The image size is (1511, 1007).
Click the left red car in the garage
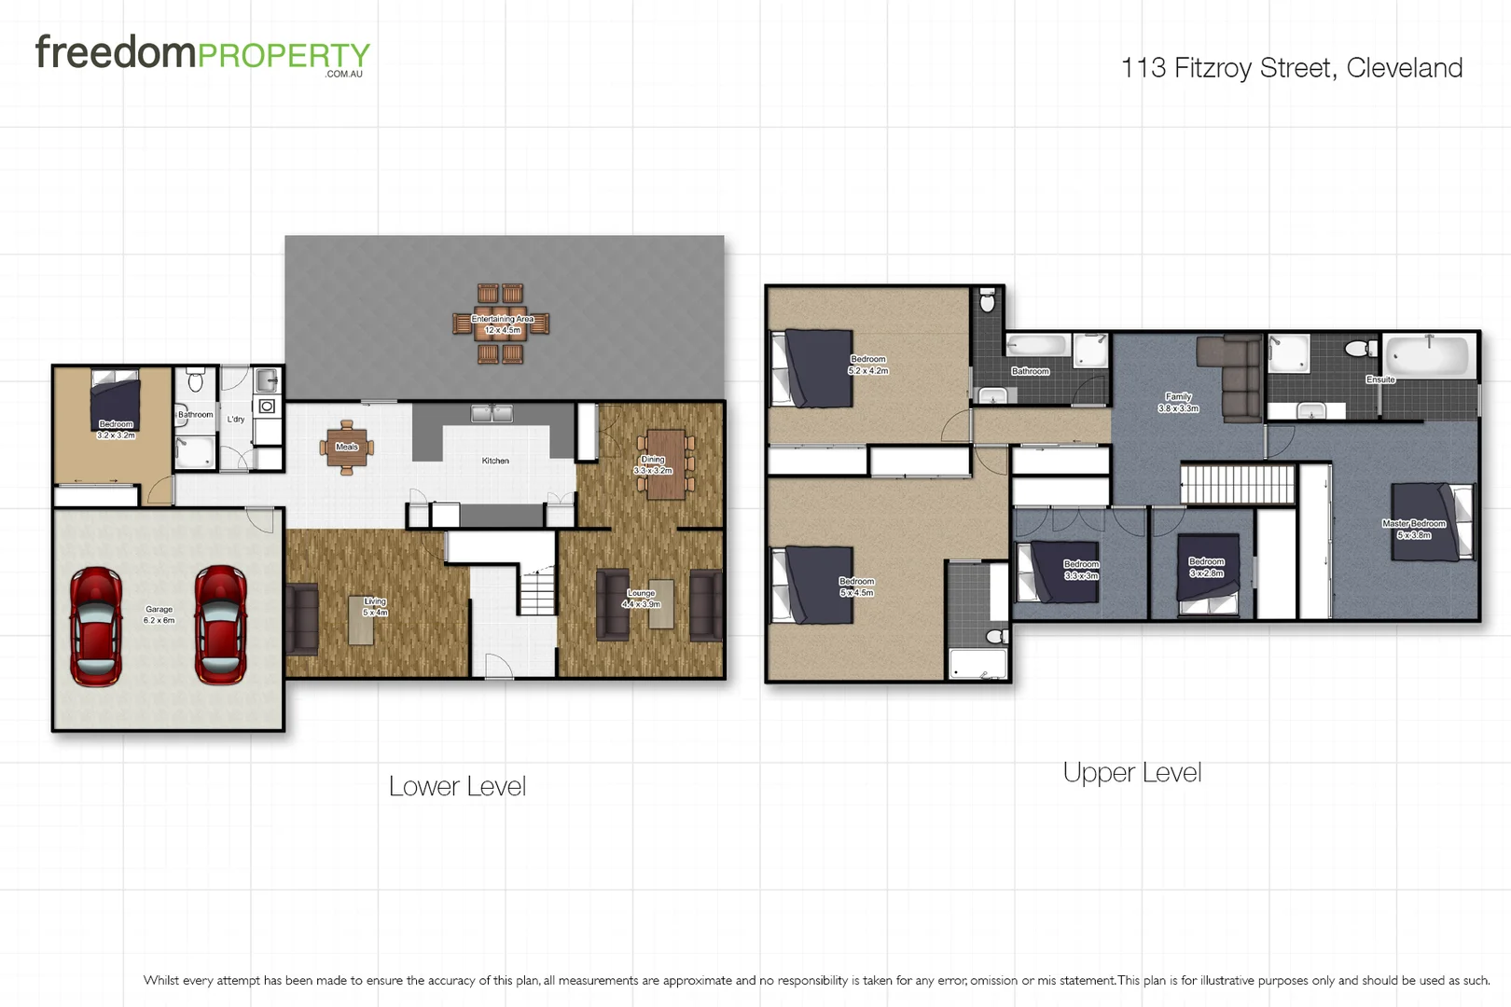[96, 626]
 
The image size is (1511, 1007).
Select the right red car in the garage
[221, 624]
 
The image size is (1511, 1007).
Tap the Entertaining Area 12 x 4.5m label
[503, 324]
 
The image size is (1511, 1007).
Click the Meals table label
[347, 447]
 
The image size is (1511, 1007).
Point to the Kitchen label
[495, 461]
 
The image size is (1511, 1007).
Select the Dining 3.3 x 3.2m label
[653, 464]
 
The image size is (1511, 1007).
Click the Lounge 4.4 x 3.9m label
[642, 599]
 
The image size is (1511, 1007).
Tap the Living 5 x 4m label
[375, 607]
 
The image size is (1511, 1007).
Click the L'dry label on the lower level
[236, 420]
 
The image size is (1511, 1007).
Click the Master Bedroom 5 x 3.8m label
[1414, 529]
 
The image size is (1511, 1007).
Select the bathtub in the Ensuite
[1430, 355]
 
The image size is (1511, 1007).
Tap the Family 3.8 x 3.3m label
[1178, 402]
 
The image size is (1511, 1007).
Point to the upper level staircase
[1238, 484]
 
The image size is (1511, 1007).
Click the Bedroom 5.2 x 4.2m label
[868, 365]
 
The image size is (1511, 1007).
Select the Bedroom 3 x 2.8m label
[1206, 567]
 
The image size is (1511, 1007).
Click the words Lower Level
[457, 786]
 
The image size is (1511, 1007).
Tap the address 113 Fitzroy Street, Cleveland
[1291, 68]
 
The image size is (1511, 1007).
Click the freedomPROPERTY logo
[202, 54]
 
